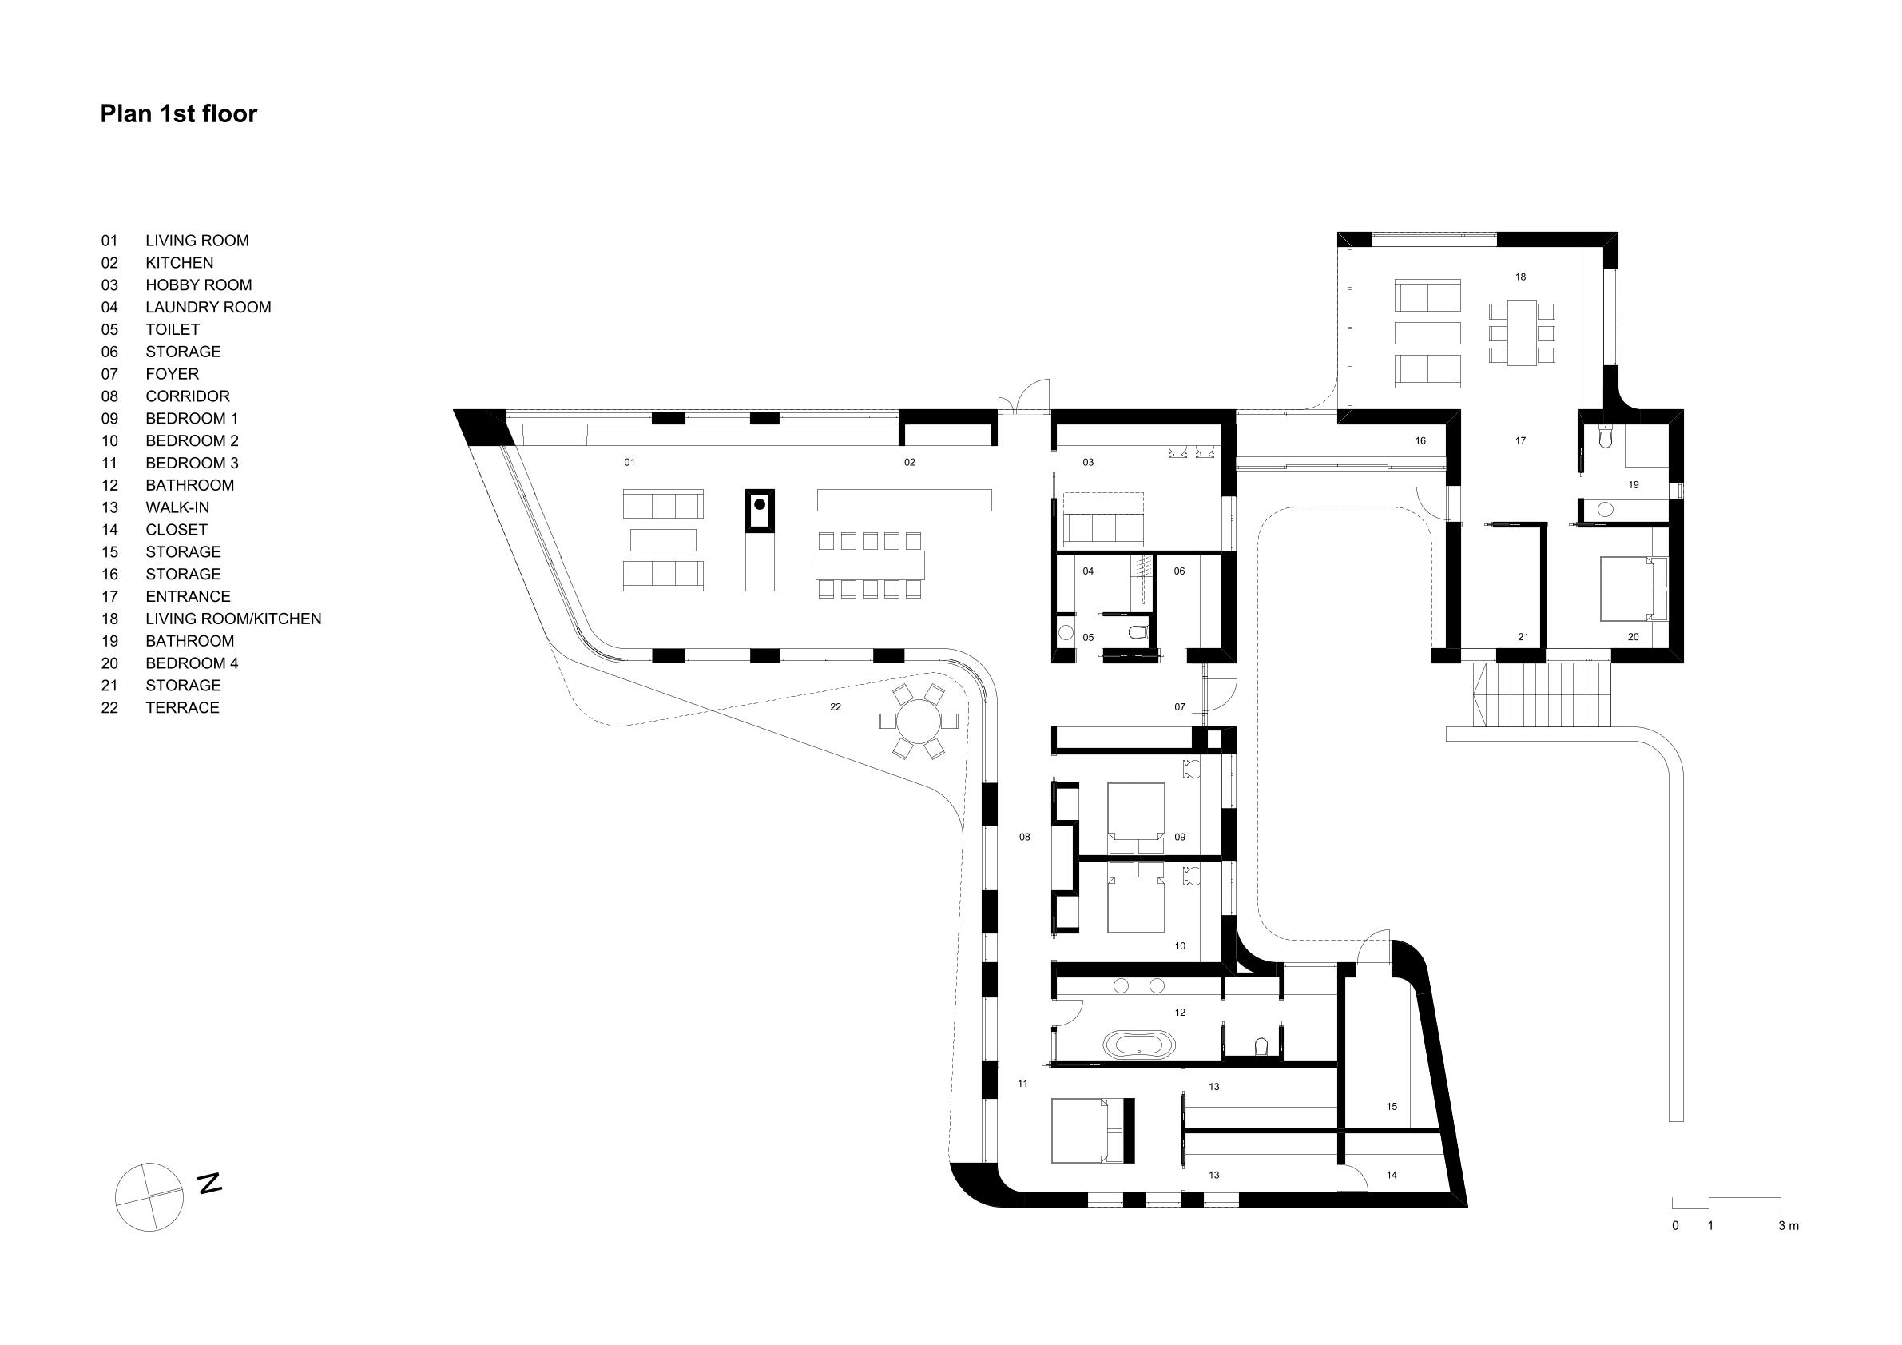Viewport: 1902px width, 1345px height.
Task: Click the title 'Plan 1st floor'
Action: point(179,113)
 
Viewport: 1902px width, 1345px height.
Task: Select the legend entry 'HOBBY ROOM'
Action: point(199,285)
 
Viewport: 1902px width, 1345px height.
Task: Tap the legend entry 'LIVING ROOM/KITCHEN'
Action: point(233,619)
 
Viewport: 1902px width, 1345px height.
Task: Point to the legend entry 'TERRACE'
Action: point(182,708)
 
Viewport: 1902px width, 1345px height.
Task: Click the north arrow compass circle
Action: point(149,1196)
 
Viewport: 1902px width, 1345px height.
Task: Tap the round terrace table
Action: point(919,721)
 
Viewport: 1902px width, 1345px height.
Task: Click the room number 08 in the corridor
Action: point(1025,837)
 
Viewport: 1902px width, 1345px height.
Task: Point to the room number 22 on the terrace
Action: point(835,707)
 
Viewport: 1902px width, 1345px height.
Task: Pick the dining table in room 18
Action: point(1522,332)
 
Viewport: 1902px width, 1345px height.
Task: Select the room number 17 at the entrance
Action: point(1520,441)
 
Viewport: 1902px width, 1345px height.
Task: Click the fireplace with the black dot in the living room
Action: point(760,509)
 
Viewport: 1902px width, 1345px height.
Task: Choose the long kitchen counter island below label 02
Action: point(904,499)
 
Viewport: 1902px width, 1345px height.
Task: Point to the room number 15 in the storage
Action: point(1392,1106)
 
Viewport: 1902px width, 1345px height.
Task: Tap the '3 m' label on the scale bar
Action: point(1789,1226)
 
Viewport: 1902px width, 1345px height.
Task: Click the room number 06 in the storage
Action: point(1180,571)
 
